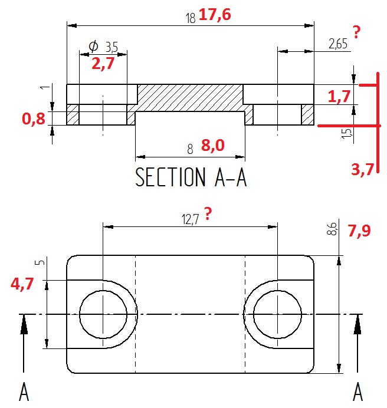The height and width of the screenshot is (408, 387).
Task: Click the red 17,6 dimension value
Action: (x=215, y=15)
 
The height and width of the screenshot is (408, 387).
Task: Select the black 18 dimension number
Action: (x=190, y=18)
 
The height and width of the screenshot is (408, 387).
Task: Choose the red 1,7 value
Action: (x=339, y=97)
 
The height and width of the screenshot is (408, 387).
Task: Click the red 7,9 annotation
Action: (x=359, y=232)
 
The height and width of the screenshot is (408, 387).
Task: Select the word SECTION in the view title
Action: (x=168, y=177)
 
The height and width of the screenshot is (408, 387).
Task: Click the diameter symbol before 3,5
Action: (x=93, y=46)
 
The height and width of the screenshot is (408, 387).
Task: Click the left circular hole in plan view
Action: (x=103, y=314)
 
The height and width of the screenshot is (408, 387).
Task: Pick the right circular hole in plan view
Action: (x=277, y=314)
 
